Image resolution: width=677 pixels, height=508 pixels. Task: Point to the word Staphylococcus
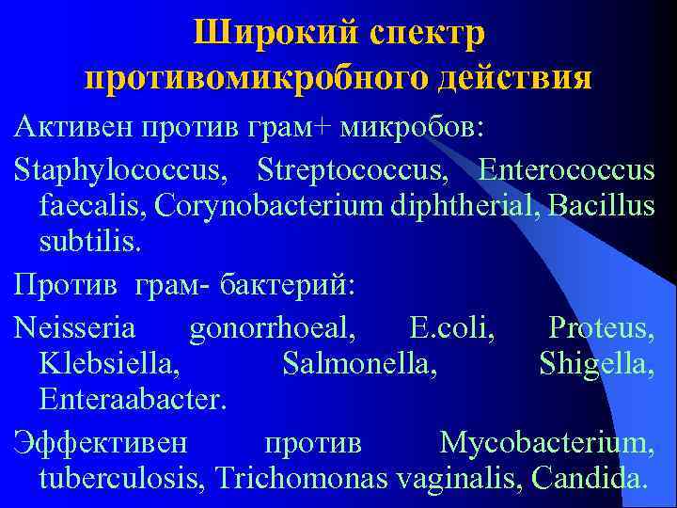pos(119,172)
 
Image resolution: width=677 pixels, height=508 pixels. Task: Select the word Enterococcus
pos(566,172)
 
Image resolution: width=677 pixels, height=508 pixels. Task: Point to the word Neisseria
pos(74,328)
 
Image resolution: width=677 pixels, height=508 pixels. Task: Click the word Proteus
pos(601,328)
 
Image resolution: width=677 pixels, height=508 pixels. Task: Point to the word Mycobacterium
pos(546,442)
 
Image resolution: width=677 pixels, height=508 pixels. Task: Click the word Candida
pos(589,477)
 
